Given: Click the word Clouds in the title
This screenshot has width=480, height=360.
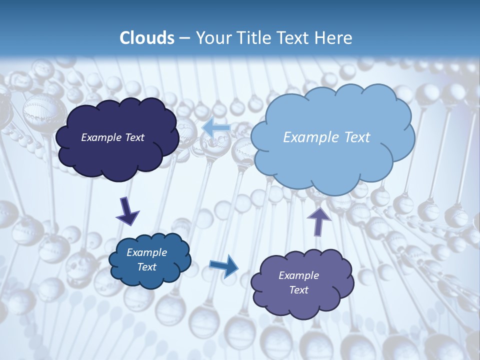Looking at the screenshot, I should [147, 38].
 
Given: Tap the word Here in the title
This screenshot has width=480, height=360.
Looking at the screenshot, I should [333, 38].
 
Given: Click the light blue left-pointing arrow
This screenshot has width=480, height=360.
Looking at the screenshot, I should [216, 128].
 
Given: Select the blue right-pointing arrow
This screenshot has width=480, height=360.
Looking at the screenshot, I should [224, 265].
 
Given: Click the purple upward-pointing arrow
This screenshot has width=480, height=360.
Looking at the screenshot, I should [319, 221].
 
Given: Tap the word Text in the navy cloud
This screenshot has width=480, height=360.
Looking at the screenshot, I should [134, 137].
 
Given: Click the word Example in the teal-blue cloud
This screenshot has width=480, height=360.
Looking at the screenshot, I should [146, 252].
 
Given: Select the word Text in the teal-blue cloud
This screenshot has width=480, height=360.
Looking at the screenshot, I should [146, 267].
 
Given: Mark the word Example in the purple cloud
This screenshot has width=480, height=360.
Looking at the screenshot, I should [298, 275].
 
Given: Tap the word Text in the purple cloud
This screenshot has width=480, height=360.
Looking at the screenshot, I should [298, 290].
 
